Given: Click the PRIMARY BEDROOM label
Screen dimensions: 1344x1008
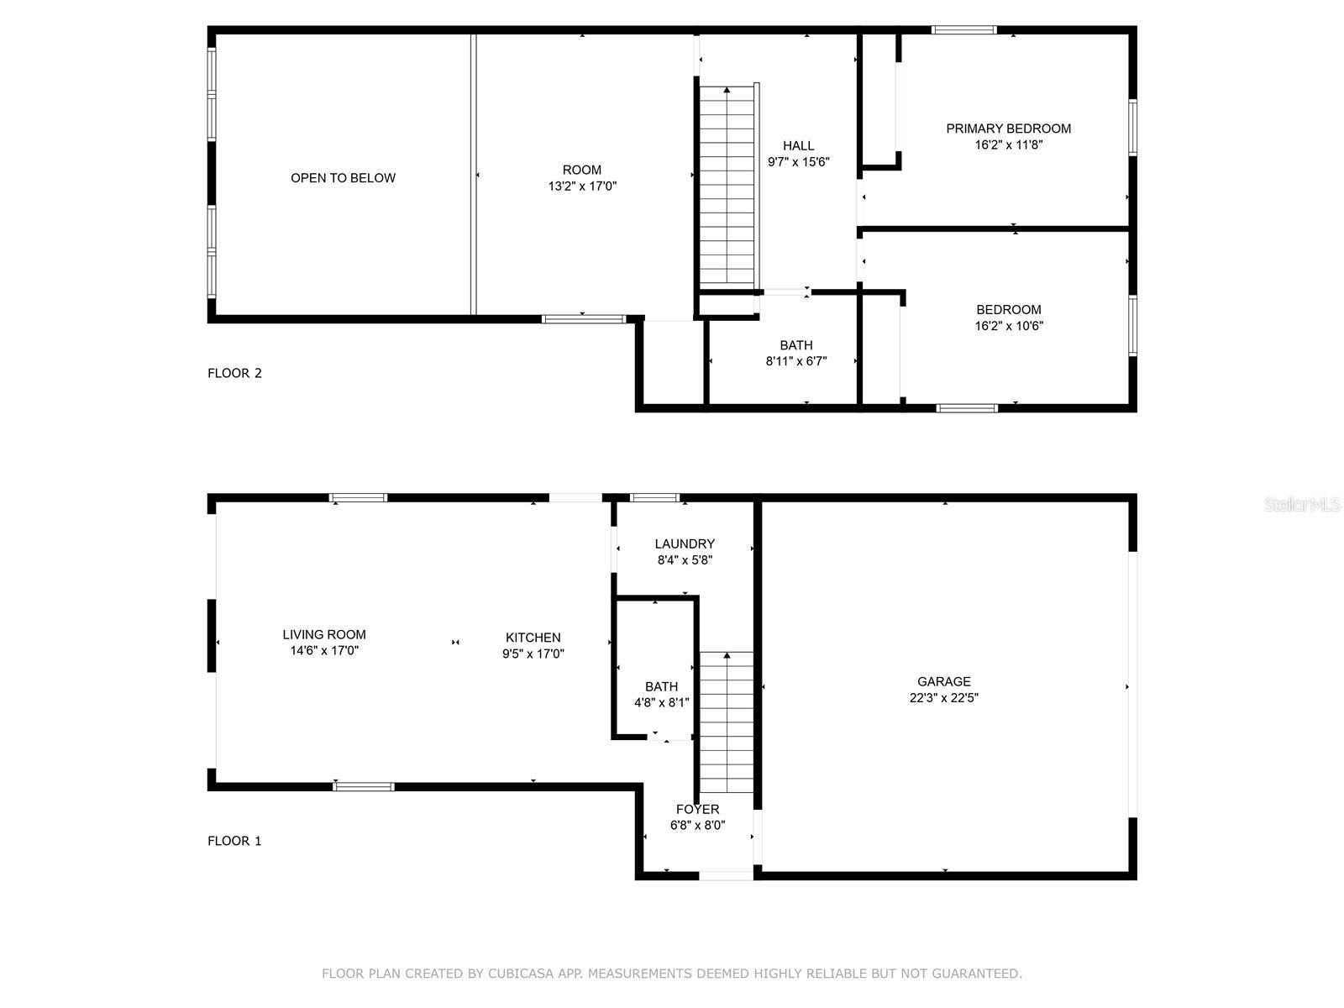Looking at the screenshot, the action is click(1008, 129).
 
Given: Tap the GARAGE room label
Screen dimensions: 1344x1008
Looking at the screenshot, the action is click(943, 681).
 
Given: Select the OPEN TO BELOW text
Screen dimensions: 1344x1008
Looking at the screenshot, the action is click(343, 178).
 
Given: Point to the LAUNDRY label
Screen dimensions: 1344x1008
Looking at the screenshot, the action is click(685, 543).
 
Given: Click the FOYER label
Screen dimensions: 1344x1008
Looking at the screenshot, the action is click(697, 809).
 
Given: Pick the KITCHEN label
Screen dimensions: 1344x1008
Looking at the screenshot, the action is click(533, 637).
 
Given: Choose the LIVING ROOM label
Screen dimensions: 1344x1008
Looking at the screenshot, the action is click(324, 635).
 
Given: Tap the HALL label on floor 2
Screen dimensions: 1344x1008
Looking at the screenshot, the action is click(799, 145).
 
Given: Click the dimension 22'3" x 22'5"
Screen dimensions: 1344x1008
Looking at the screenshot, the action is click(943, 698).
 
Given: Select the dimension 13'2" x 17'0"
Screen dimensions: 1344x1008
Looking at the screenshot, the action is click(581, 186).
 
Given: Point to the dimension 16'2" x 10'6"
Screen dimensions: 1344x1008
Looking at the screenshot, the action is click(1009, 326).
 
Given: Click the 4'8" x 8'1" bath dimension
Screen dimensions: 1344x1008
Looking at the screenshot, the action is click(661, 702).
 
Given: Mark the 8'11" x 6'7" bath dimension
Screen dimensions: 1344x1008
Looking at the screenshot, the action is click(796, 361).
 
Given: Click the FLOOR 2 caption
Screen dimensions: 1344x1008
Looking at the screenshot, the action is click(234, 373).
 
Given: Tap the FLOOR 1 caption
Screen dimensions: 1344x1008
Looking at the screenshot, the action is click(234, 841).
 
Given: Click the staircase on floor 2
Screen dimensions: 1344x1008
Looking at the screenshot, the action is click(727, 186).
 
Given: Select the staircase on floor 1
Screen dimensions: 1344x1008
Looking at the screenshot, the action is click(727, 722).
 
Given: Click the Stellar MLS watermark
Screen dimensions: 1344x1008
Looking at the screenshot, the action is click(1302, 504).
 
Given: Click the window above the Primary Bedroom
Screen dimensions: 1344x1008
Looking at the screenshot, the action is click(964, 30).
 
